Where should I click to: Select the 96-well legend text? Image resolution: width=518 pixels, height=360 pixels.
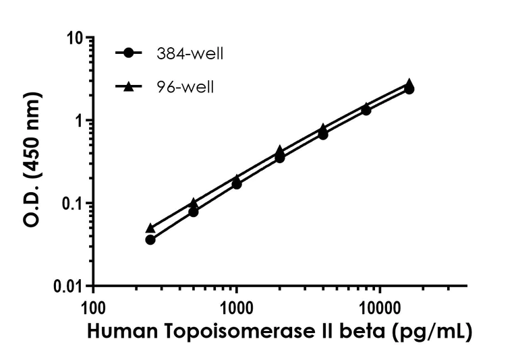[183, 87]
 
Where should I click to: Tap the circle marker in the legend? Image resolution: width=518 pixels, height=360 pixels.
[129, 54]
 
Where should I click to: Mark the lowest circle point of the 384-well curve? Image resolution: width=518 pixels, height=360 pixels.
[150, 239]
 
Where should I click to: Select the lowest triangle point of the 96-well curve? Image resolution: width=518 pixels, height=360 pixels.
[150, 229]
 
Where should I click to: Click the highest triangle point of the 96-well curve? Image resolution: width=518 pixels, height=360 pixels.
[409, 83]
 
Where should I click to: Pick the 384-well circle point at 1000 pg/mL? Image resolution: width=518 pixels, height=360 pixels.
[237, 183]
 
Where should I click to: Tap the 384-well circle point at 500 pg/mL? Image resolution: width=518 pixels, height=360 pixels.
[194, 212]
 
